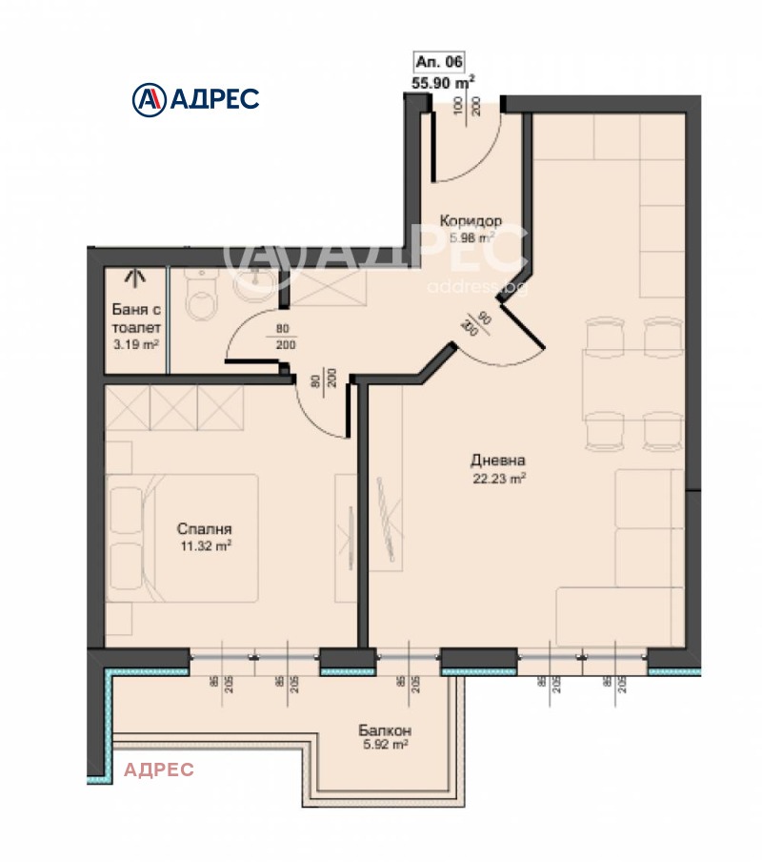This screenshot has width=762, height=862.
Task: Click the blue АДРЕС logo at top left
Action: click(x=194, y=97)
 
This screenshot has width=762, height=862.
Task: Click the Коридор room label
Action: click(x=470, y=221)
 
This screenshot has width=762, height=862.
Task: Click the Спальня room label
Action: click(x=205, y=529)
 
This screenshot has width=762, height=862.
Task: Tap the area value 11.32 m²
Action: click(x=205, y=546)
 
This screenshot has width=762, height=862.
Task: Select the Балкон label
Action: click(x=386, y=731)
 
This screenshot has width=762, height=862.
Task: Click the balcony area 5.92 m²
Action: click(x=386, y=748)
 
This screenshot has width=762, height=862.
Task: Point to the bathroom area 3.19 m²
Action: click(x=134, y=344)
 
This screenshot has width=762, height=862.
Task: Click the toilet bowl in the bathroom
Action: click(x=202, y=299)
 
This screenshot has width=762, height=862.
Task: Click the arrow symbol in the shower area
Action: click(x=134, y=277)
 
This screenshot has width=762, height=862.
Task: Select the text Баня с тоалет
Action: click(x=134, y=318)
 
